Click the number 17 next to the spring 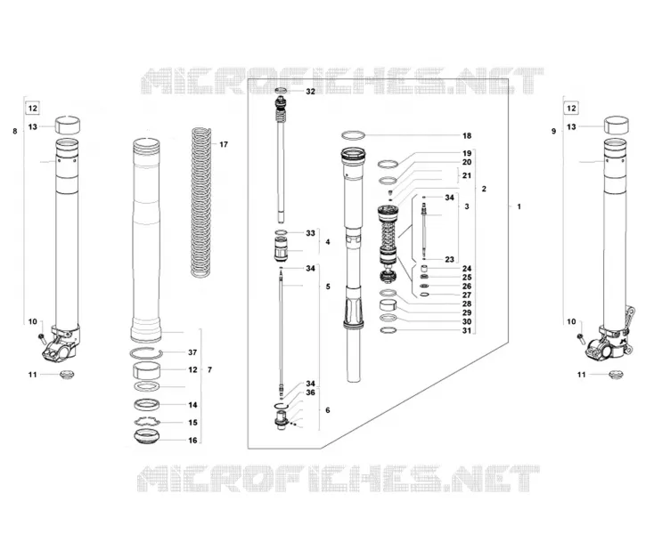pyautogui.click(x=224, y=144)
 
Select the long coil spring pyautogui.click(x=202, y=202)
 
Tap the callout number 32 pyautogui.click(x=311, y=92)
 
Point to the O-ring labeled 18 pyautogui.click(x=353, y=135)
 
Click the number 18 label pyautogui.click(x=467, y=136)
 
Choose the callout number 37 pyautogui.click(x=192, y=352)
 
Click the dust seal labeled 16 pyautogui.click(x=146, y=436)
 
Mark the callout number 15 pyautogui.click(x=192, y=423)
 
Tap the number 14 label pyautogui.click(x=192, y=405)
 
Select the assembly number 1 pyautogui.click(x=519, y=206)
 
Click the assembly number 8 pyautogui.click(x=15, y=131)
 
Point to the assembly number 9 pyautogui.click(x=554, y=131)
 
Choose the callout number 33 pyautogui.click(x=310, y=233)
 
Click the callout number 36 pyautogui.click(x=310, y=392)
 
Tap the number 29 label pyautogui.click(x=467, y=312)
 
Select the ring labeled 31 pyautogui.click(x=388, y=331)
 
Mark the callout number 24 pyautogui.click(x=467, y=269)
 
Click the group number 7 pyautogui.click(x=209, y=370)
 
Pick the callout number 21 pyautogui.click(x=467, y=176)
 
